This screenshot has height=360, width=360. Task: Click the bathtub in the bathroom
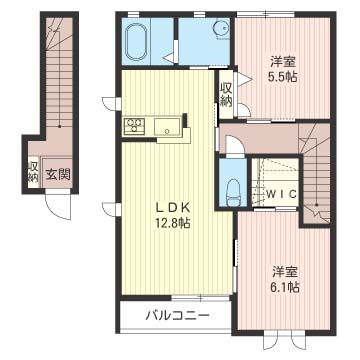pos(137,41)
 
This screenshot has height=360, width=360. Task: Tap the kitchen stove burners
pos(133,126)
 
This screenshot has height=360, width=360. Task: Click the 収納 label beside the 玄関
pos(33,171)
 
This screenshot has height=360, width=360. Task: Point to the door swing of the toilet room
pos(229,146)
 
